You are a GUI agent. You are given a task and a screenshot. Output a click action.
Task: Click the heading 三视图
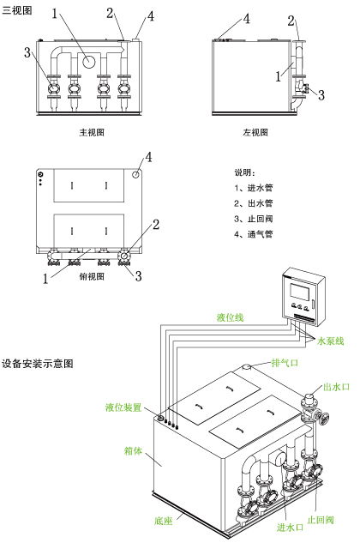point(17,11)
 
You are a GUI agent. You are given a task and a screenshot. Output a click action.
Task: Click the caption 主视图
point(92,132)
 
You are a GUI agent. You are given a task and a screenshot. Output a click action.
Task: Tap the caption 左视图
point(255,132)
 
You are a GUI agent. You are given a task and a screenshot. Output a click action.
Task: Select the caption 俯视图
point(92,276)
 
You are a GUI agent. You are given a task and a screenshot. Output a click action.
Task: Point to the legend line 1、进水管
point(254,188)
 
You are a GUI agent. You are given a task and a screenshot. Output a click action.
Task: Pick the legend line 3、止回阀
point(254,219)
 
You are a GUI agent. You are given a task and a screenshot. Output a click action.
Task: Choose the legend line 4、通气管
point(254,234)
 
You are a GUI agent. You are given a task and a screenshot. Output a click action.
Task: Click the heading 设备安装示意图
point(38,364)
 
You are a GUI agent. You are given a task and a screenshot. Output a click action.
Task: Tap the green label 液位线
point(231,317)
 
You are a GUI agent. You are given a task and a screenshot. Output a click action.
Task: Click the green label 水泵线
point(331,341)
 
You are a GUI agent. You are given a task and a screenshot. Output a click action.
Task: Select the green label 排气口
point(285,363)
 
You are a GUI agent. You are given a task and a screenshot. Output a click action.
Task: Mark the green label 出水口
point(337,387)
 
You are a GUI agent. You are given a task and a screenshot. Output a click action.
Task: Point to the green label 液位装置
point(123,407)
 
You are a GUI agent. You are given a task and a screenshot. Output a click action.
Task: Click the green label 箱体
point(133,451)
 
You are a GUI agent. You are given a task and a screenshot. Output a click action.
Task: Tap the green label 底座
point(164,521)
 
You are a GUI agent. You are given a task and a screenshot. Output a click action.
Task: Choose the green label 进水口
point(290,528)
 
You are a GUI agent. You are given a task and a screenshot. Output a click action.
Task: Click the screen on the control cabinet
point(299,292)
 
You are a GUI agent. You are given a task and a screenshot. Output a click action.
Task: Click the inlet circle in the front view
point(89,62)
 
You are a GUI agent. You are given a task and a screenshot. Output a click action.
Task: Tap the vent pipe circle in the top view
point(135,174)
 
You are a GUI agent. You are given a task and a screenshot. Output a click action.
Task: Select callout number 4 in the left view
point(247,19)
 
